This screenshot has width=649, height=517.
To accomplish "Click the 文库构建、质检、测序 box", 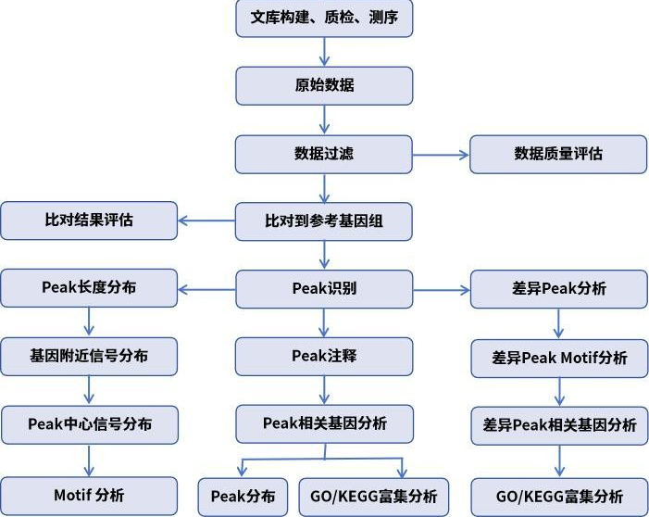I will [324, 18].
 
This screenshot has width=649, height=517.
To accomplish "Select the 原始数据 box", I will [324, 85].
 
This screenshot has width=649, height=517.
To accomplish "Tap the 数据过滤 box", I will [324, 154].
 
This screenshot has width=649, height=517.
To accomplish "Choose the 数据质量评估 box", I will [558, 154].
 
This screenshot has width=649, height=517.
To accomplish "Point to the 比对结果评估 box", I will [89, 221].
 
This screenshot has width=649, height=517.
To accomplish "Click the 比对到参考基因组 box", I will [324, 221].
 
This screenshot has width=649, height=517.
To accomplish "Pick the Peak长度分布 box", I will [89, 287].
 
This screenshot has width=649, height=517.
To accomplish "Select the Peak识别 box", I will [324, 288].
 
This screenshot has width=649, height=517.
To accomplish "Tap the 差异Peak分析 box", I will [558, 288].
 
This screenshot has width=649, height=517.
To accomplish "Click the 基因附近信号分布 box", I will [89, 355].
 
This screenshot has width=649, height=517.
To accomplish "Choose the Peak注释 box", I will [324, 356].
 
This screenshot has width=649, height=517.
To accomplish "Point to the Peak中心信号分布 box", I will [89, 424].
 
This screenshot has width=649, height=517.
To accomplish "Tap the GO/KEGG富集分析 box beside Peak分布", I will [374, 495].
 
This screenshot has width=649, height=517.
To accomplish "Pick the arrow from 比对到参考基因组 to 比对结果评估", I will [206, 221].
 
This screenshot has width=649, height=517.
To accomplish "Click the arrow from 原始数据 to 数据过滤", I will [324, 120].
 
